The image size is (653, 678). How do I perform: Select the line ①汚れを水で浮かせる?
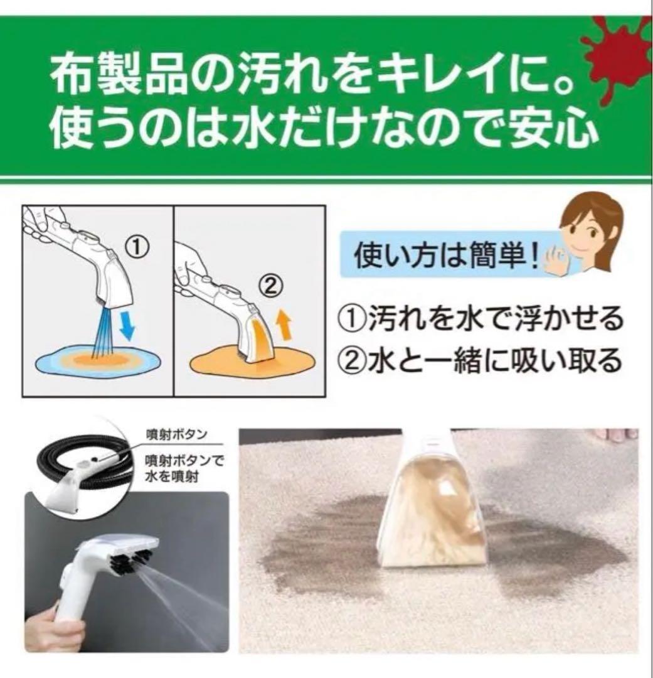[x=480, y=320]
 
